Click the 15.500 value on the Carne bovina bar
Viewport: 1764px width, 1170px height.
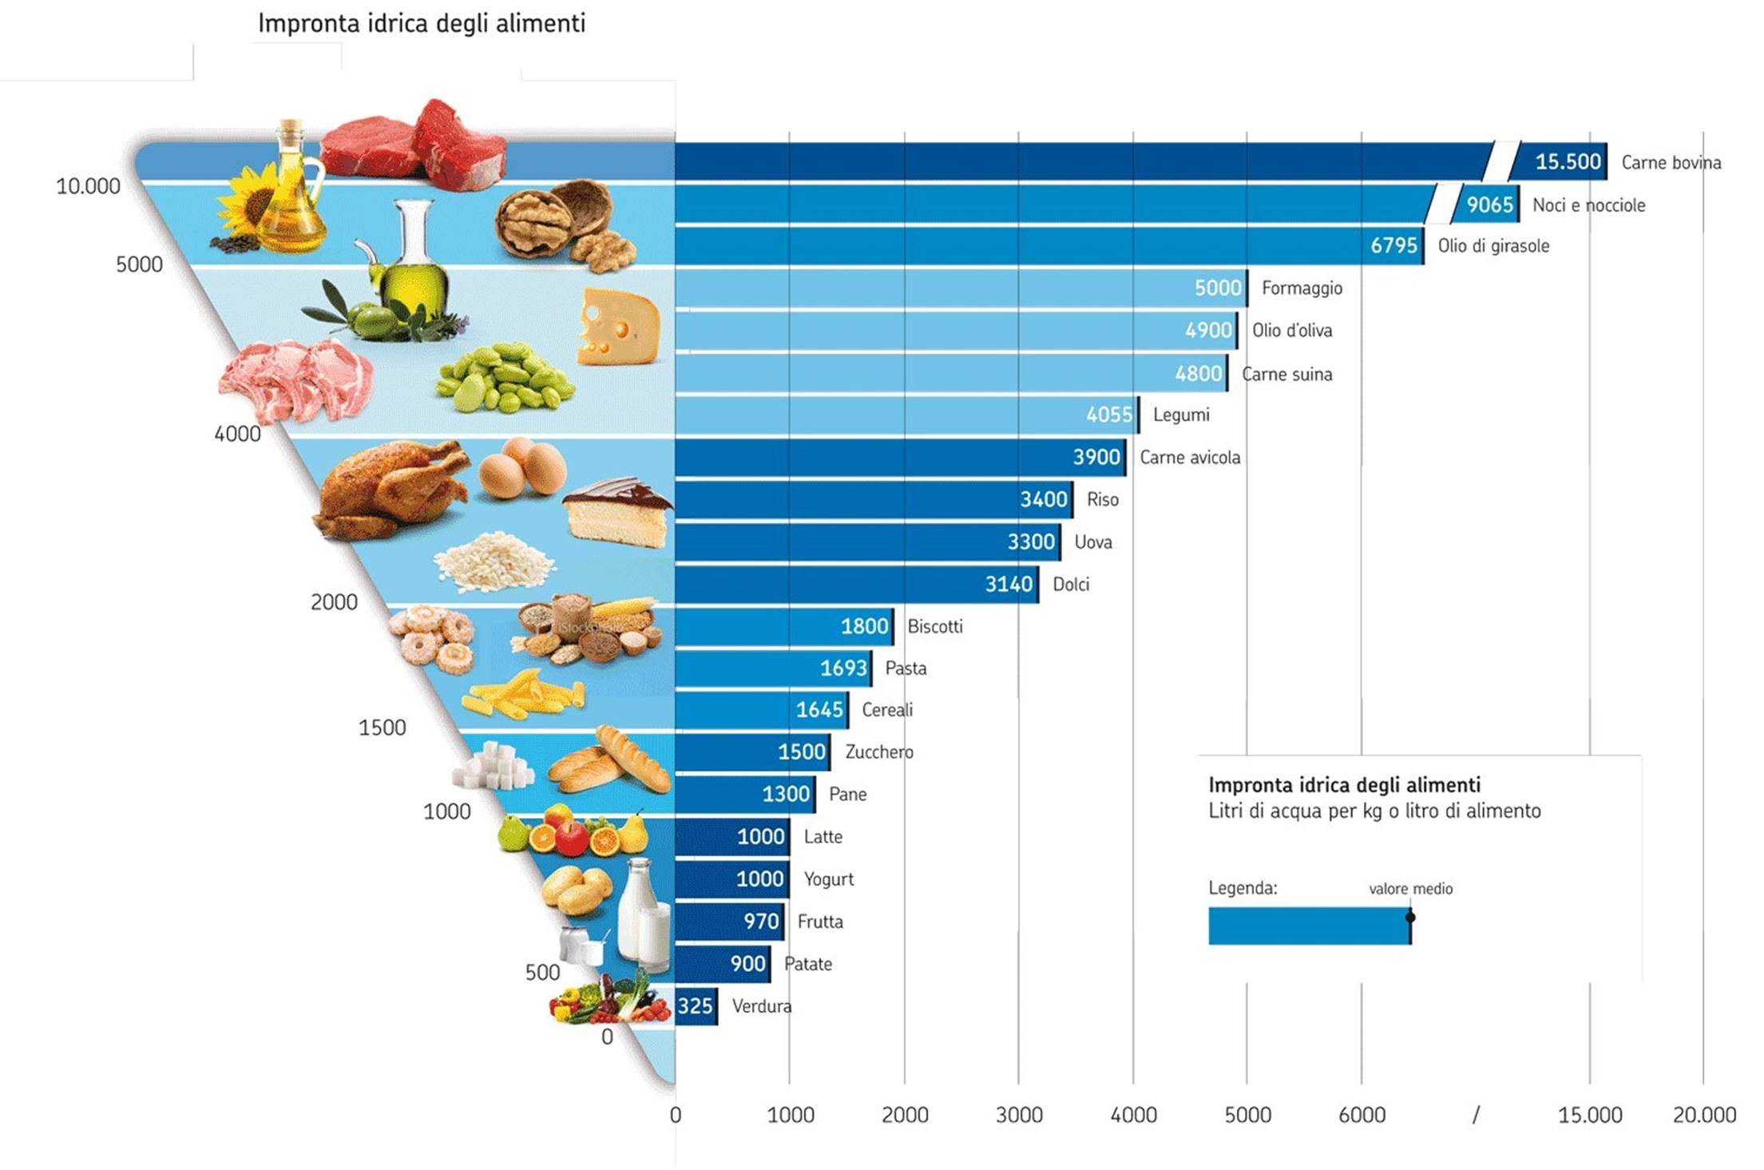click(1567, 162)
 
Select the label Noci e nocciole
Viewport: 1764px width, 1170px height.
click(1588, 205)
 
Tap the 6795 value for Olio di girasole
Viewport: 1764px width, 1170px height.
click(1393, 246)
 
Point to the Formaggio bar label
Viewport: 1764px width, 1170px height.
click(1302, 288)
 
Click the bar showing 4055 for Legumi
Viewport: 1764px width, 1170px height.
click(906, 414)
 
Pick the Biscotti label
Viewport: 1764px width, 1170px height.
click(934, 627)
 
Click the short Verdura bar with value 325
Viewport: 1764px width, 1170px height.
click(696, 1006)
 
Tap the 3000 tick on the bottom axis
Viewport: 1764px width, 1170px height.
click(1019, 1115)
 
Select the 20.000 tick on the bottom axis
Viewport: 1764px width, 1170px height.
click(1704, 1115)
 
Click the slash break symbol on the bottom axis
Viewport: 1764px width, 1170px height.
click(1476, 1115)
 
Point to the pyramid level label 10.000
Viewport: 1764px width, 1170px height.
click(88, 187)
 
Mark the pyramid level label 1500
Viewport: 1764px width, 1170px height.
click(382, 728)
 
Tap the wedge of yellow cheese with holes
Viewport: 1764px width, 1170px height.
click(618, 327)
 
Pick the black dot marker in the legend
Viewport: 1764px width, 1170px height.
click(1410, 917)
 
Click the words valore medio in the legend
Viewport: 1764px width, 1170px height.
click(1410, 889)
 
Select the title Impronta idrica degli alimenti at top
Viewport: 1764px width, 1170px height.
click(422, 24)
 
